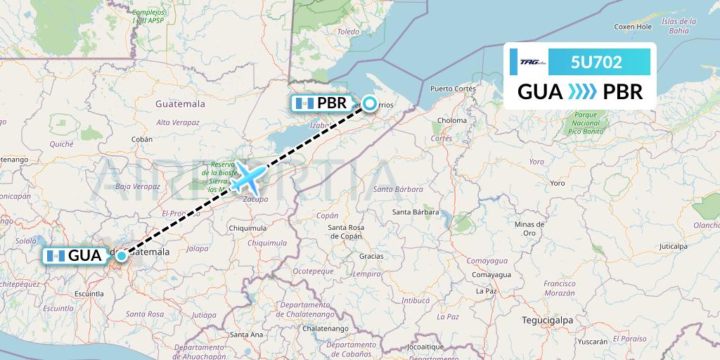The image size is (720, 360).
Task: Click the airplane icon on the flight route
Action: (247, 177)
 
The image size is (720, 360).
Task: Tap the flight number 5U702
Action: (596, 62)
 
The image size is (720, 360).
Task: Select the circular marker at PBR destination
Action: (368, 103)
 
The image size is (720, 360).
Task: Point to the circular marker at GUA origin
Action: (122, 256)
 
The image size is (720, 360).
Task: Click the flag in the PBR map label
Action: (304, 103)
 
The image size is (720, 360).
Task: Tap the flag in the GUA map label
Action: (55, 256)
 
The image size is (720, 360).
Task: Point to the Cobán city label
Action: (141, 139)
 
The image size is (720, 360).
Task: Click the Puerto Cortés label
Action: (453, 89)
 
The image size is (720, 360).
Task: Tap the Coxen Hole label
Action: (633, 27)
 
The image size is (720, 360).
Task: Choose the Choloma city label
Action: (451, 120)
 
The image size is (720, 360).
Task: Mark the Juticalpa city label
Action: (673, 246)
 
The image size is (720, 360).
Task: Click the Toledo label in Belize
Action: (347, 32)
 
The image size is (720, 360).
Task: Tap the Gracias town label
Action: (371, 256)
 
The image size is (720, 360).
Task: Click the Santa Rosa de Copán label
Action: (345, 231)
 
